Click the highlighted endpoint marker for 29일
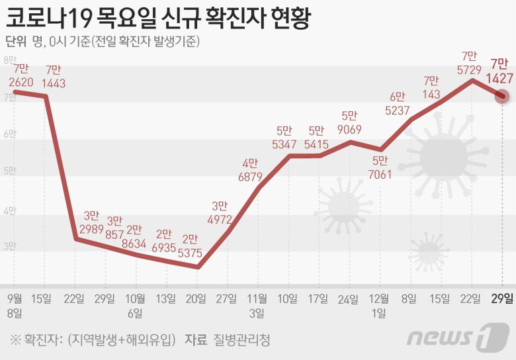(502, 97)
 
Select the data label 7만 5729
(470, 64)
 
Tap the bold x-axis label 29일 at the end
(504, 298)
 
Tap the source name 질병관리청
(242, 340)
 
